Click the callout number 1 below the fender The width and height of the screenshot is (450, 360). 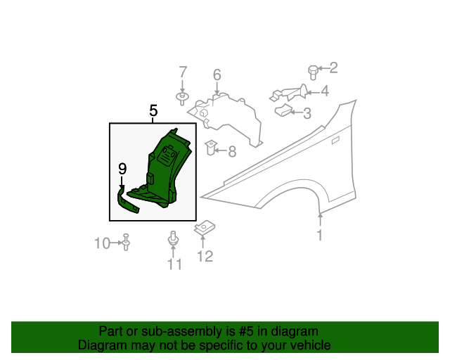(x=319, y=236)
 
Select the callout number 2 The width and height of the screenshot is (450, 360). (x=333, y=67)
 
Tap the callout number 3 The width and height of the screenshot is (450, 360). (x=307, y=112)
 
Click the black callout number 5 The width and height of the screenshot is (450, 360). (x=153, y=110)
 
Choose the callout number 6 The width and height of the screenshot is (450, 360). (x=217, y=75)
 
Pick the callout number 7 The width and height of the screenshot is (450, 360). (x=183, y=72)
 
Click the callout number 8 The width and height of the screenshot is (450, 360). (x=231, y=150)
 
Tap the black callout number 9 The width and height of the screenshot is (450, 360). (x=122, y=169)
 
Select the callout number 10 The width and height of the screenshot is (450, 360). (x=103, y=243)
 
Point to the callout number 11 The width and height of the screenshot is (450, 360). (x=174, y=264)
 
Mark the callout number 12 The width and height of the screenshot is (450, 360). (x=204, y=257)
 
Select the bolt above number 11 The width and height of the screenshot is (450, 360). (x=173, y=238)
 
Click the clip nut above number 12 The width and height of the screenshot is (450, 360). (x=205, y=229)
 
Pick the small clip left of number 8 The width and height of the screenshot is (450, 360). (x=210, y=148)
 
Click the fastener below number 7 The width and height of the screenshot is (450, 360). (x=182, y=96)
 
